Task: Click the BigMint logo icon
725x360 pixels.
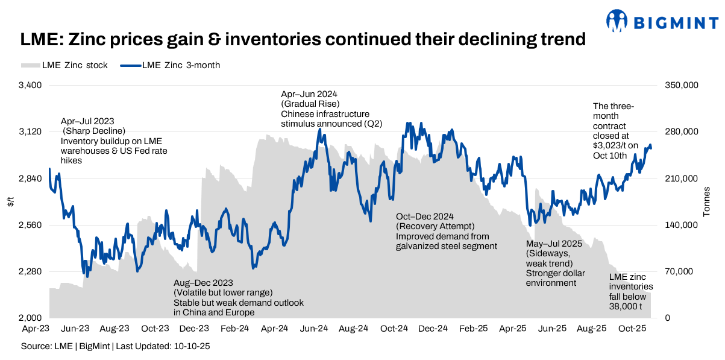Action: (x=617, y=21)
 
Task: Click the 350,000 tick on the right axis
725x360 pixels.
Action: (x=681, y=86)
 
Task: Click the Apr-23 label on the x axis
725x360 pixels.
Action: (x=36, y=329)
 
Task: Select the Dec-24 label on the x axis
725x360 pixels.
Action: (x=433, y=329)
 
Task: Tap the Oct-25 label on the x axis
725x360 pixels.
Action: (x=632, y=329)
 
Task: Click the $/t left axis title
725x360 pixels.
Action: (x=11, y=201)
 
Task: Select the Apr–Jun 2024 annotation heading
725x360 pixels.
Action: (x=309, y=95)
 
